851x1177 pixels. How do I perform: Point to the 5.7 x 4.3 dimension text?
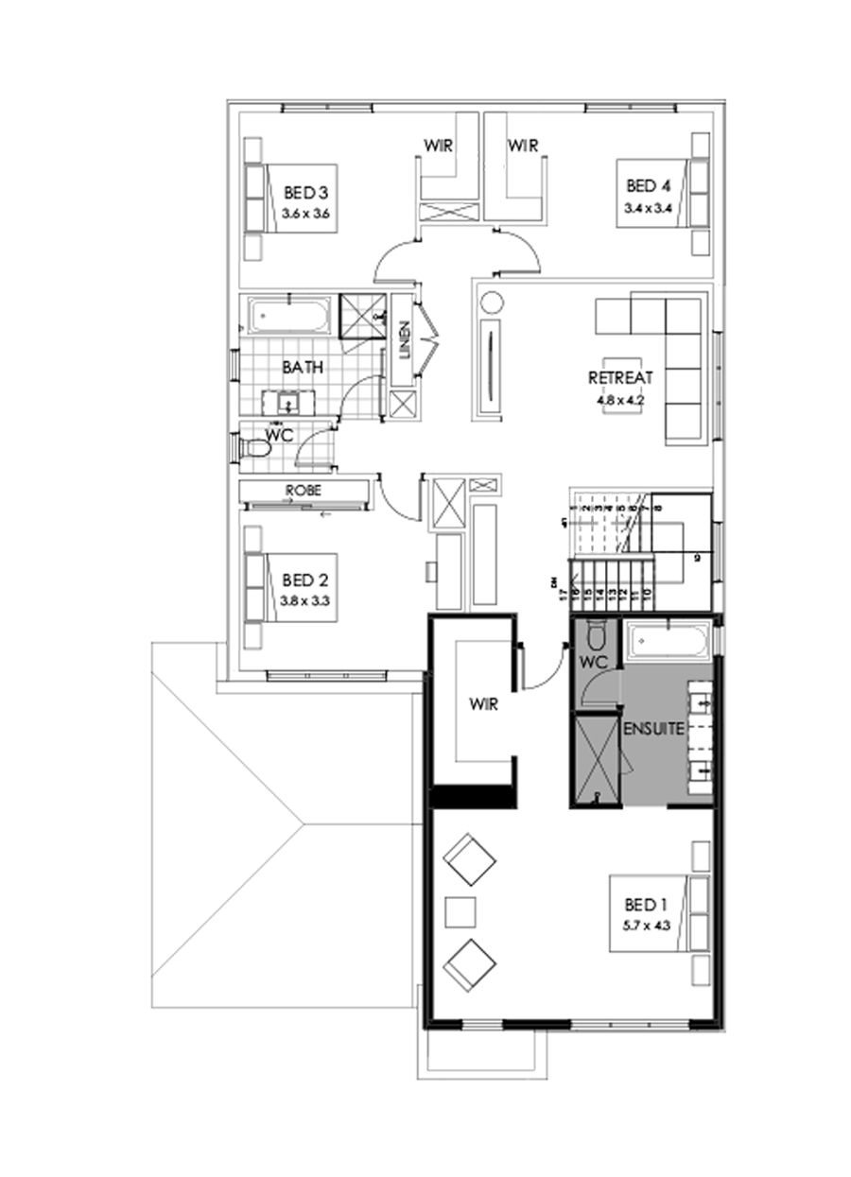[646, 926]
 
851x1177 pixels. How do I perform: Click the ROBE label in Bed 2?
[304, 491]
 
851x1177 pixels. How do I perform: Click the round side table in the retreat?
[494, 303]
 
